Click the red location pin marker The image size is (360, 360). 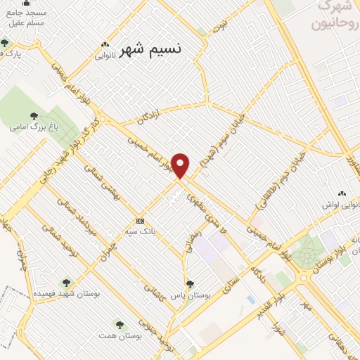[181, 165]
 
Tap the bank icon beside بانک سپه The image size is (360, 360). [141, 220]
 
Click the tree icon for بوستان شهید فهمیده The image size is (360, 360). [67, 282]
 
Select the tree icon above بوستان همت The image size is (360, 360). [120, 325]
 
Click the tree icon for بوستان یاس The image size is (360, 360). [190, 284]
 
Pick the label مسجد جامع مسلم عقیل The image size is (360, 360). [25, 18]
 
